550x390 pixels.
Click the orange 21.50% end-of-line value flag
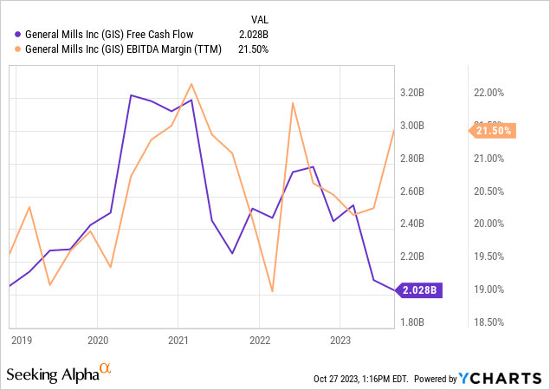pyautogui.click(x=491, y=130)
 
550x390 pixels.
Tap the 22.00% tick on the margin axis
pyautogui.click(x=489, y=93)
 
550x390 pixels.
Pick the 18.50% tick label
pyautogui.click(x=489, y=322)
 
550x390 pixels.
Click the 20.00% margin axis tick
pyautogui.click(x=489, y=224)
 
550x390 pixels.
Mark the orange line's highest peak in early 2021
pyautogui.click(x=191, y=84)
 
